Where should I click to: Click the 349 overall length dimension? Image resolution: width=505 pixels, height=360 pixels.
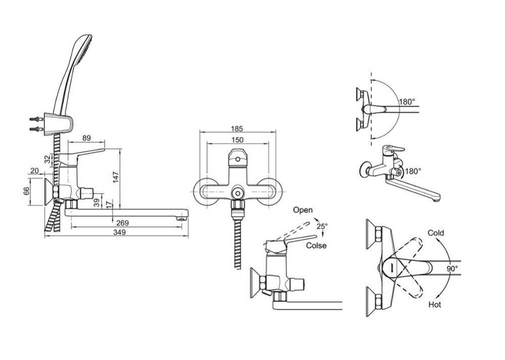coord(119,233)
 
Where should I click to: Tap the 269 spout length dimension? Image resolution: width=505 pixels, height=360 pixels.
coord(122,223)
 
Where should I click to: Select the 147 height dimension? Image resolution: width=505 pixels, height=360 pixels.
coord(116,177)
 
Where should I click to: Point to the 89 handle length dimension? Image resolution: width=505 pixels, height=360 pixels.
coord(86,138)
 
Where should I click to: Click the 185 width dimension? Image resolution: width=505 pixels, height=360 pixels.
coord(237,129)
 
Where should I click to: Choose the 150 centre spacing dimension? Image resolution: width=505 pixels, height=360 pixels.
coord(238,140)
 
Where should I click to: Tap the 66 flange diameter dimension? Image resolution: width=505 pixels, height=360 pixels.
coord(26,191)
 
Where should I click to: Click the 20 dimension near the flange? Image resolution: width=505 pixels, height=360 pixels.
coord(34,171)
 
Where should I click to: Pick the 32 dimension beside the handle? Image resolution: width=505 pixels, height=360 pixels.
coord(48,159)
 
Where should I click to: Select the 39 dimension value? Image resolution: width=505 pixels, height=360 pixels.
coord(96,202)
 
